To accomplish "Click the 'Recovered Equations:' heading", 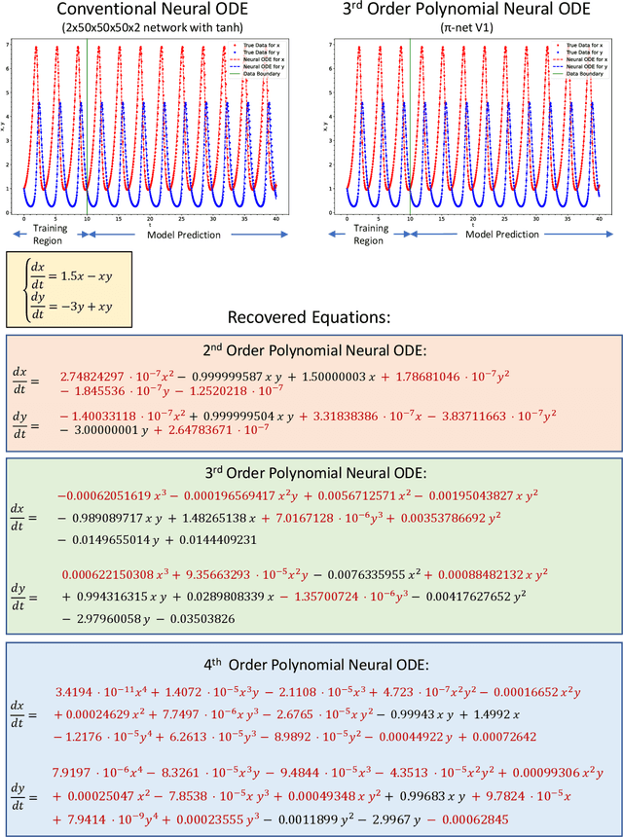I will coord(310,317).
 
